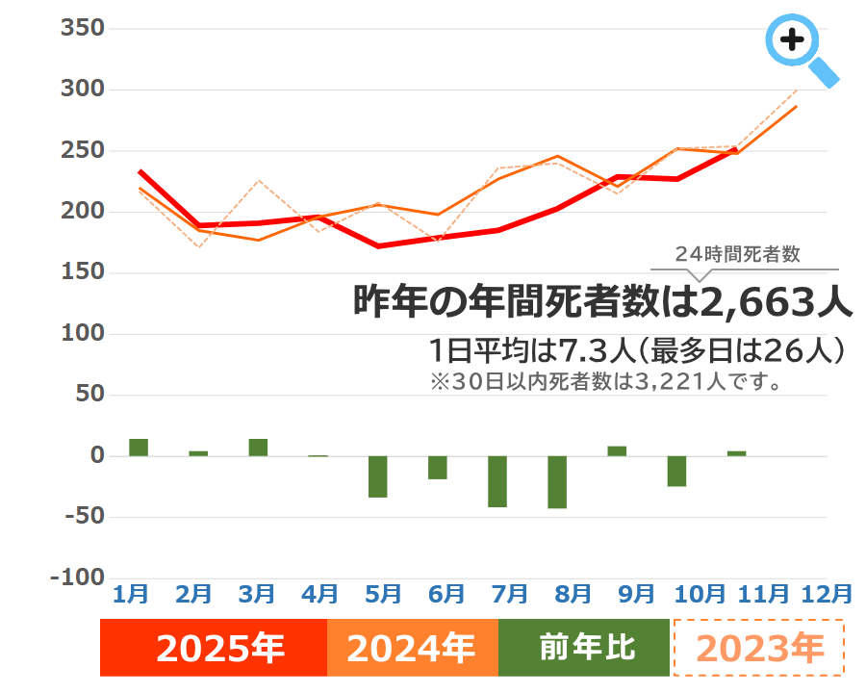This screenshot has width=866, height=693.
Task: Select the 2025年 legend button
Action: tap(214, 648)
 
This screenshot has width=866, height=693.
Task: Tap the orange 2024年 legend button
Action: tap(412, 648)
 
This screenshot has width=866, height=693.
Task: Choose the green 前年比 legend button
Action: tap(583, 648)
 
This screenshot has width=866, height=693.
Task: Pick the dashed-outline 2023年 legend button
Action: tap(758, 648)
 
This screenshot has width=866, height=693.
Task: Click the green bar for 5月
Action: tap(378, 476)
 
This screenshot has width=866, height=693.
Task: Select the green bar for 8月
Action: tap(557, 481)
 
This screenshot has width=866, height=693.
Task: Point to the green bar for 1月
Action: tap(139, 448)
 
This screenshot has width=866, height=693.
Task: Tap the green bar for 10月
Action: tap(676, 471)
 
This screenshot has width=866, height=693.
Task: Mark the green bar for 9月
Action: tap(617, 451)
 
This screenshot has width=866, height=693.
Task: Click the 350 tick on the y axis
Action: tap(81, 29)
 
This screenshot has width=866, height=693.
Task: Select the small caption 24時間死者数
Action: tap(738, 255)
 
